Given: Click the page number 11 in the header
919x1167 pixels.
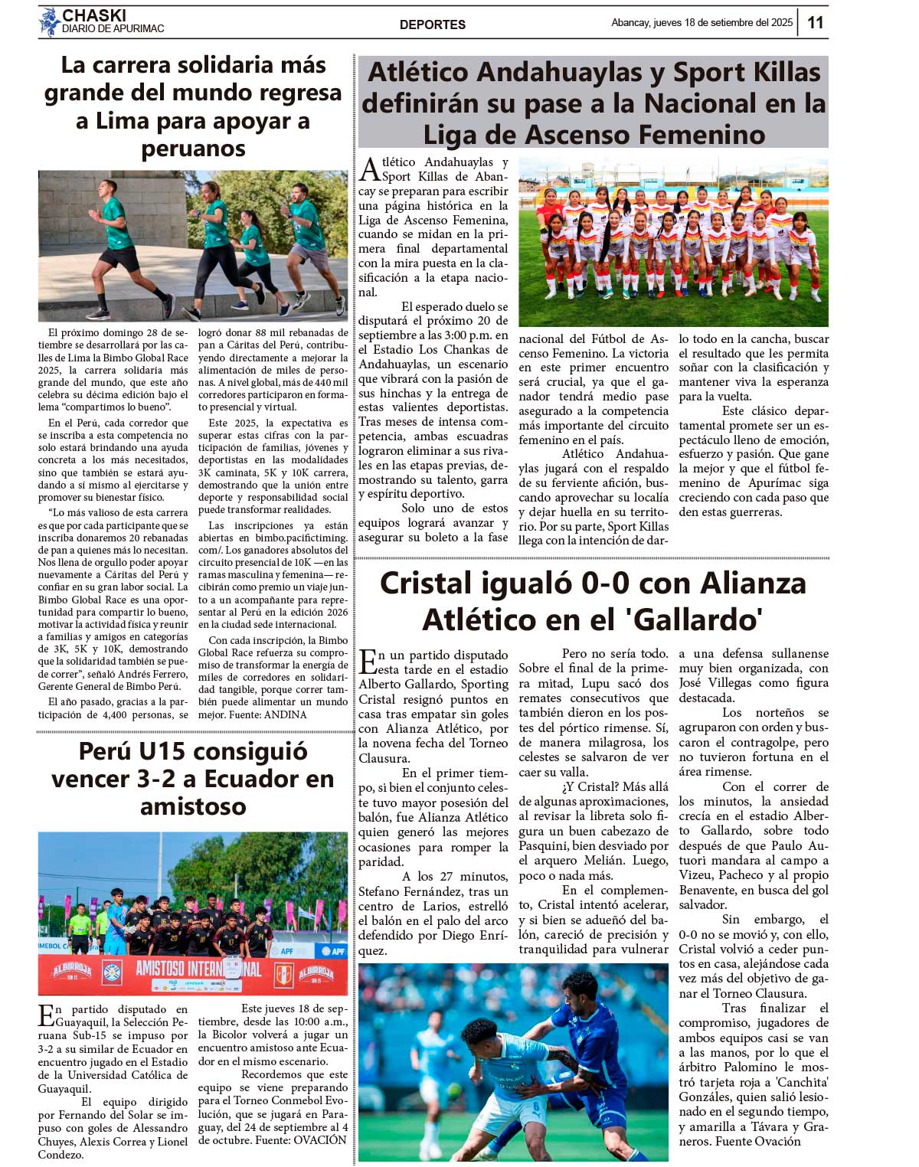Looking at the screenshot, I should pyautogui.click(x=816, y=22).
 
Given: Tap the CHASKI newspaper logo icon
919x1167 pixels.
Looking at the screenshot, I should pyautogui.click(x=49, y=22).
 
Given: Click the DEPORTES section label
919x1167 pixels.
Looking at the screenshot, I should pyautogui.click(x=432, y=25).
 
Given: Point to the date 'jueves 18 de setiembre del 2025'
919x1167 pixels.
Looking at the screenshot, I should pyautogui.click(x=723, y=23).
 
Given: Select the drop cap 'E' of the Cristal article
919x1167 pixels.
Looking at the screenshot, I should pyautogui.click(x=368, y=662).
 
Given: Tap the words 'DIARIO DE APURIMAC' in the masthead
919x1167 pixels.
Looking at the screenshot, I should pyautogui.click(x=113, y=29).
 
